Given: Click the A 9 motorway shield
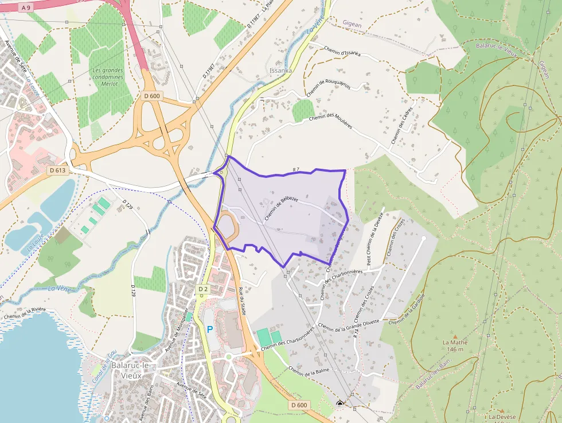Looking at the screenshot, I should [x=25, y=7].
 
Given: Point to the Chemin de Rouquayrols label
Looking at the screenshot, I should [x=328, y=88].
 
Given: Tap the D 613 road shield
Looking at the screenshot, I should [x=57, y=170].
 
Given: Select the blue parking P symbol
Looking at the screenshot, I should [x=209, y=330].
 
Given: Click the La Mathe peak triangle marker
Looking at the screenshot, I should [x=455, y=336].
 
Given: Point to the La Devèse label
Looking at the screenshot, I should [x=502, y=417].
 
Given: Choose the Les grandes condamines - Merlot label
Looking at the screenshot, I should [x=108, y=77].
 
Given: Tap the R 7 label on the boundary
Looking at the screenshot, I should [x=296, y=169].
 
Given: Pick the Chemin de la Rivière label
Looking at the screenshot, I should [x=24, y=313].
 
